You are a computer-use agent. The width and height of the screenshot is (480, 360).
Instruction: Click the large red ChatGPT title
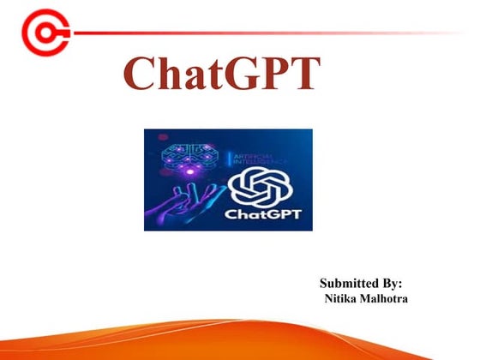pos(222,75)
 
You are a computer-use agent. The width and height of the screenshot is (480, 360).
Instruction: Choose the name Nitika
pos(341,298)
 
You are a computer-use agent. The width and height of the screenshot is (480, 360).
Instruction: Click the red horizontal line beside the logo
pos(257,33)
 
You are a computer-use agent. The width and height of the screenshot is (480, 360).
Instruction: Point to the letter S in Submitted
pos(324,283)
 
